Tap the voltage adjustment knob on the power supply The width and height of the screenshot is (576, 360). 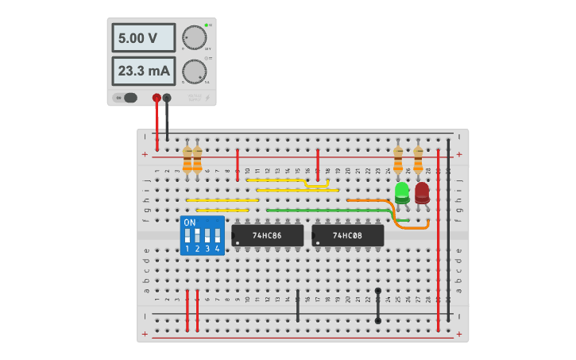coord(193,37)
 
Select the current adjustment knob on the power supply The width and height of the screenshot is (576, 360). coord(193,72)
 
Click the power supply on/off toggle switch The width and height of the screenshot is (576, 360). coord(126,98)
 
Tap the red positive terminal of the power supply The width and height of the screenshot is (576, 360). coord(157,98)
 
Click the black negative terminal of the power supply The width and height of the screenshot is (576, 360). coord(167,98)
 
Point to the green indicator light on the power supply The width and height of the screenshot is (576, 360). coord(206,26)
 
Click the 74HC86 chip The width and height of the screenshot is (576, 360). coord(267,235)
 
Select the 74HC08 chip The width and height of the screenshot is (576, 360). coord(347,235)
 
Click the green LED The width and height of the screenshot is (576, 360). coord(402,193)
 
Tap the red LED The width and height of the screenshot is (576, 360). coord(422,193)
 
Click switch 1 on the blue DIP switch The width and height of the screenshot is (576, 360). coord(187,237)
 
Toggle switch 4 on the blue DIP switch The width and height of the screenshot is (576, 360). coord(217,237)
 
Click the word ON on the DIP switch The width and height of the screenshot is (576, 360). coord(189,223)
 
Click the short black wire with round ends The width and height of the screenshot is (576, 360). coord(377,306)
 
